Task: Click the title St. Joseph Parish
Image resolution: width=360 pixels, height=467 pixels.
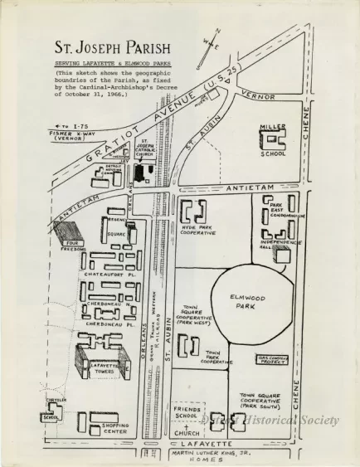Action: pos(109,48)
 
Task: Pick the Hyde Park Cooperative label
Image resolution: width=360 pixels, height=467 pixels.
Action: pos(197,228)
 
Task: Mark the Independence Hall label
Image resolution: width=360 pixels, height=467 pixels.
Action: pos(274,246)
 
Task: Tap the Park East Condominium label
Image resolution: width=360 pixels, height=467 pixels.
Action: pos(285,211)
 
